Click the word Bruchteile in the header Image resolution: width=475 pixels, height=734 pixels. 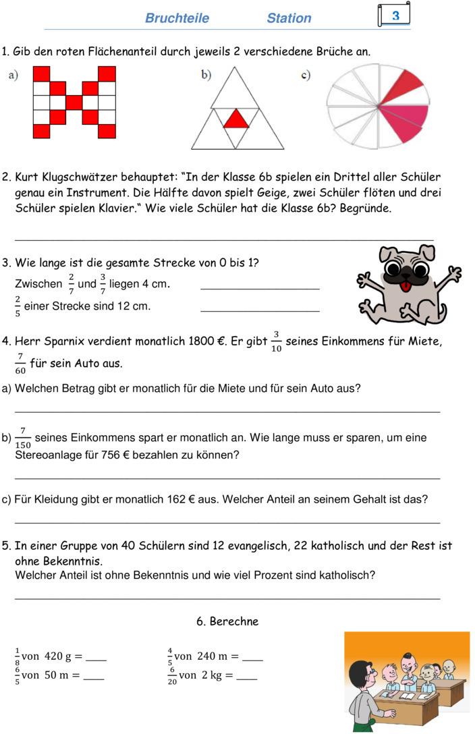click(x=177, y=18)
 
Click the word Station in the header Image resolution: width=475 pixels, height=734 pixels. click(x=289, y=18)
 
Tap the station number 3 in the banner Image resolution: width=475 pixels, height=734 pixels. click(x=395, y=15)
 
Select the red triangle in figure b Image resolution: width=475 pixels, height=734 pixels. click(x=236, y=119)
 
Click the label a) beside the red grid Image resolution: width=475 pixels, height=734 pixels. click(x=13, y=75)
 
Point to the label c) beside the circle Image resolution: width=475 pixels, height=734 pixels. click(x=306, y=75)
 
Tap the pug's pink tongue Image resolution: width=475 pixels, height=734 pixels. click(x=406, y=287)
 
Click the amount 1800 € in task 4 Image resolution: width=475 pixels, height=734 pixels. click(x=204, y=341)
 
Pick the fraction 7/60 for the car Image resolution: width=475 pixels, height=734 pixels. click(x=21, y=363)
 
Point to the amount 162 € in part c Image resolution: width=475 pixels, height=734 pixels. click(x=178, y=499)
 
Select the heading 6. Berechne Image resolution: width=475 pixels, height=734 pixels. click(x=227, y=621)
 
